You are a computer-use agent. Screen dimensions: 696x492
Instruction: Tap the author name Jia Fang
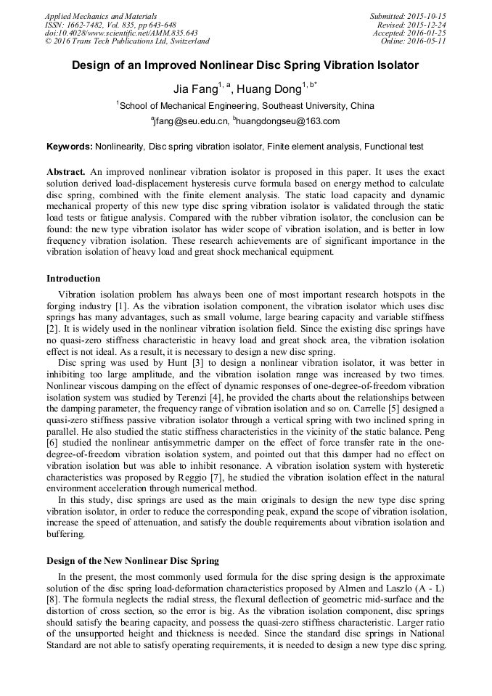point(195,89)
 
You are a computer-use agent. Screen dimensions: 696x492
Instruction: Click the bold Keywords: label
point(70,146)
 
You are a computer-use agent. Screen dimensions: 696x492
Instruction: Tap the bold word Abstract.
point(66,172)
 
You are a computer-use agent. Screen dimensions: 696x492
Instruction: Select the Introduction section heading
point(73,278)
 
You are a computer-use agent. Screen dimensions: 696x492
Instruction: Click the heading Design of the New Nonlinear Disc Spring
point(133,561)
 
